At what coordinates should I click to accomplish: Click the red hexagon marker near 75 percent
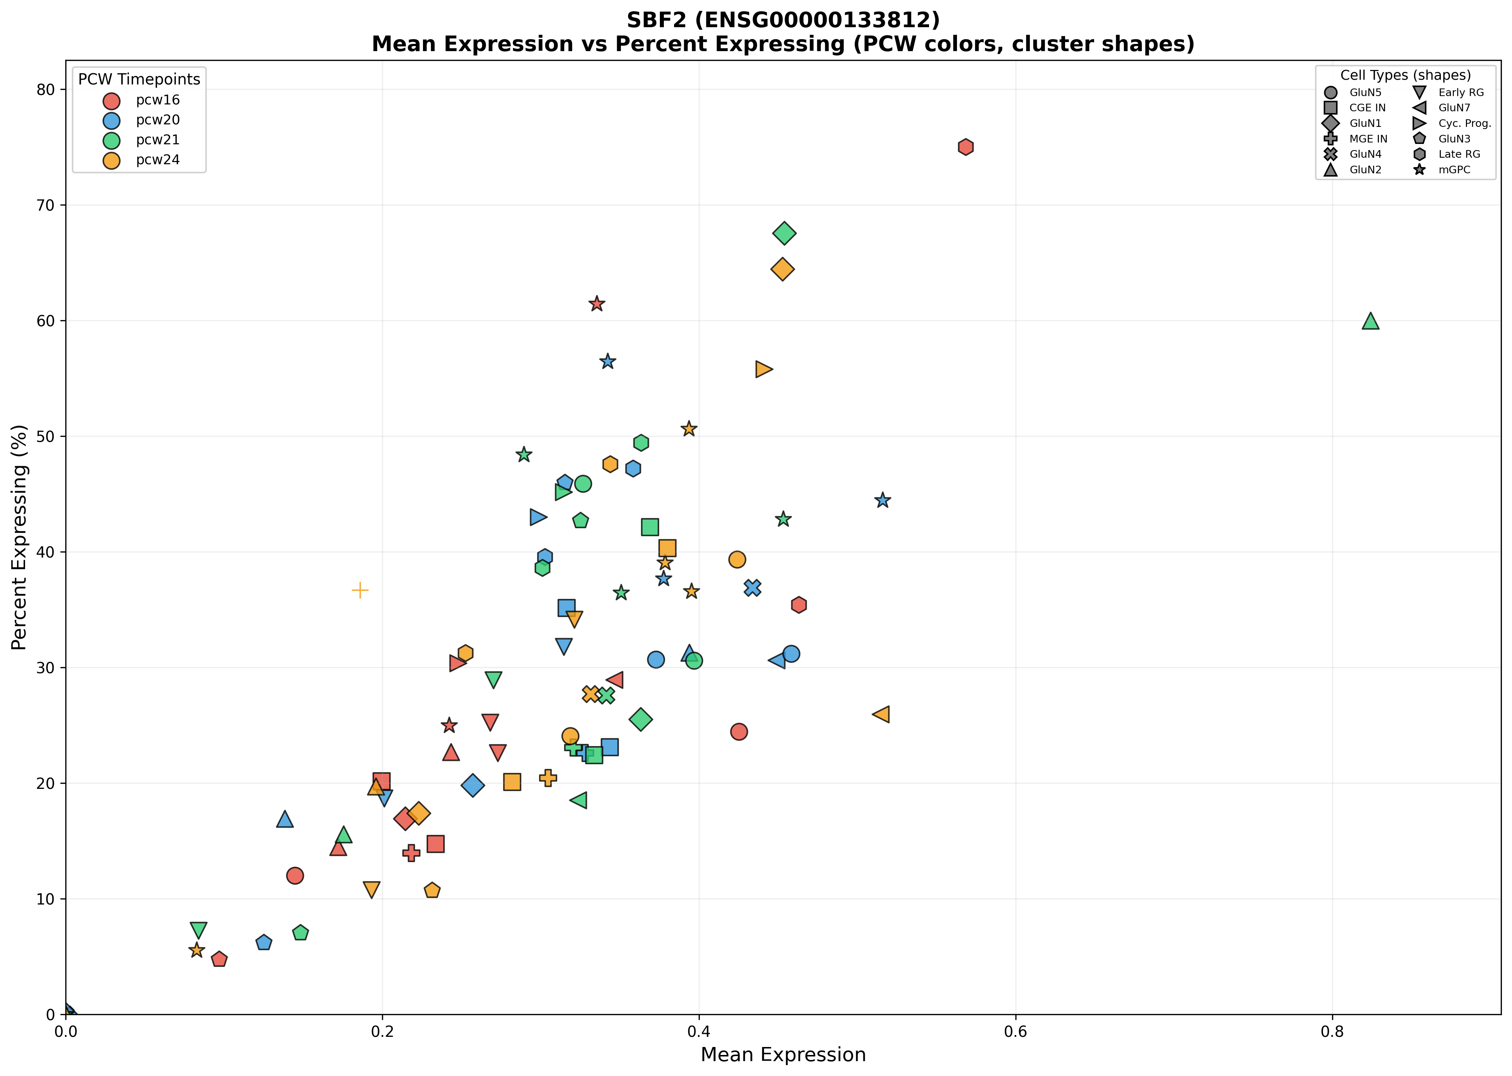coord(965,147)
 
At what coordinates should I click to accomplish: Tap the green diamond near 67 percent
coord(784,233)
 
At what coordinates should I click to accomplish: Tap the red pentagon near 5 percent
coord(219,959)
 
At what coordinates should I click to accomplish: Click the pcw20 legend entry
coord(157,120)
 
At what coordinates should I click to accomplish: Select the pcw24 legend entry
coord(157,160)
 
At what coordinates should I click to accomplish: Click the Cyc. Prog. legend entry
coord(1464,123)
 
